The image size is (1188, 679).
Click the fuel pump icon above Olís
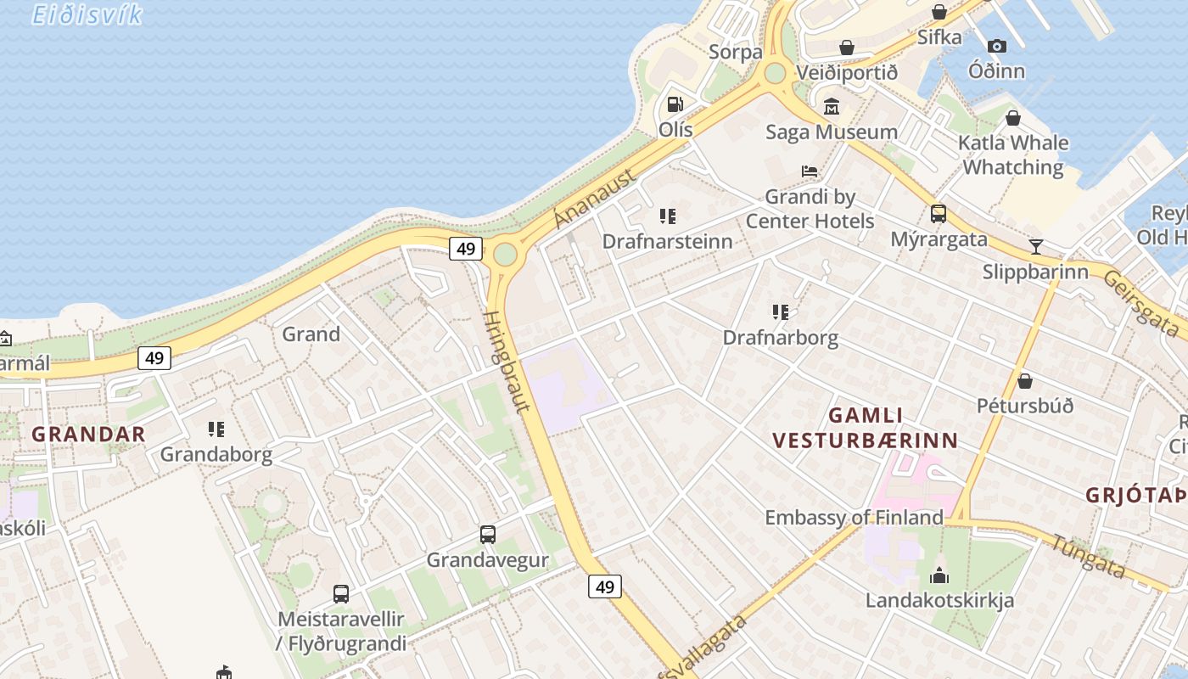coord(675,104)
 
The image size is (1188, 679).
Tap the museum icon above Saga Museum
coord(831,107)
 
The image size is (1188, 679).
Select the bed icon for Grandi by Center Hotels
coord(810,171)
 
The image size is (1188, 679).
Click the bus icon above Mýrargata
coord(939,214)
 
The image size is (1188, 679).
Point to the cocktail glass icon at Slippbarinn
coord(1035,247)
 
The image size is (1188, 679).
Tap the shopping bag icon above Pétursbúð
coord(1025,380)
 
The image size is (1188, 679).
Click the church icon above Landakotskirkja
coord(939,575)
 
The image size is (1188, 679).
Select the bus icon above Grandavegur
coord(488,535)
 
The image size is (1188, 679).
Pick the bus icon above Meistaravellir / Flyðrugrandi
coord(341,594)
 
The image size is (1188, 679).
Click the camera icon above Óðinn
coord(997,46)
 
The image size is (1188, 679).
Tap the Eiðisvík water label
coord(87,14)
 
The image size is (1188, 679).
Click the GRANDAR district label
coord(88,435)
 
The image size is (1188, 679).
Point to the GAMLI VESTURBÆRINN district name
coord(866,428)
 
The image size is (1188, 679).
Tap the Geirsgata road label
coord(1142,303)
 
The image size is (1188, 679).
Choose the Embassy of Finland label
coord(854,517)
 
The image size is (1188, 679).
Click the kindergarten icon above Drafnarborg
coord(781,312)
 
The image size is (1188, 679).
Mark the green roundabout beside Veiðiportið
coord(775,73)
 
